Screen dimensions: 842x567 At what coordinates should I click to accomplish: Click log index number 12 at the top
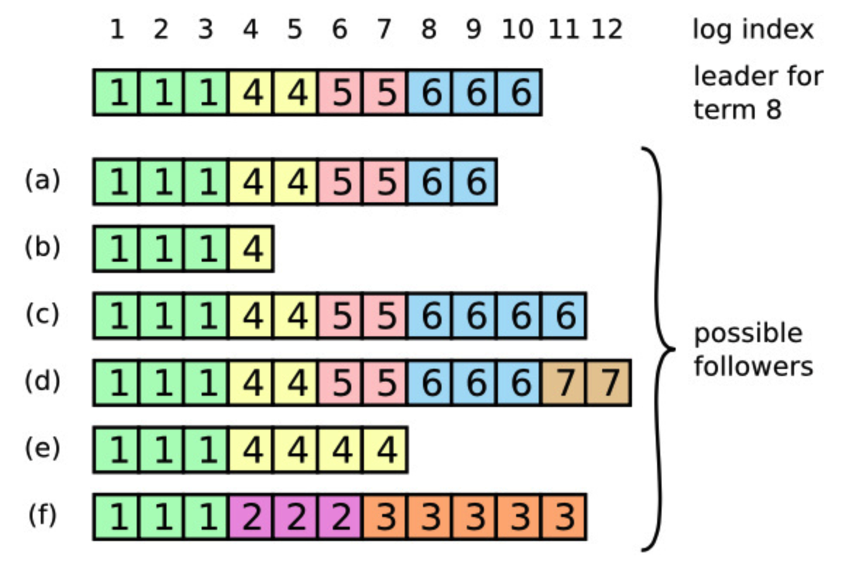[x=607, y=30]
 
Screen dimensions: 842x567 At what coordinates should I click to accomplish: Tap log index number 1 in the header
[x=117, y=30]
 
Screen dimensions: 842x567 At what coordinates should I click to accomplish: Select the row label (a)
[x=43, y=181]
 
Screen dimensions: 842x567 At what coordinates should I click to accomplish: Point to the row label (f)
[x=43, y=515]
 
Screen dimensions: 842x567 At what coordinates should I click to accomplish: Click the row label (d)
[x=43, y=382]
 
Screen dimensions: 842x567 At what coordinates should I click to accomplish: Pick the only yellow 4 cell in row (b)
[x=251, y=249]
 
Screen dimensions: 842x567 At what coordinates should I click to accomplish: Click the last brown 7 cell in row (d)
[x=609, y=383]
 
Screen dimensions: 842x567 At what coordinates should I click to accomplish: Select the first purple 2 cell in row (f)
[x=251, y=517]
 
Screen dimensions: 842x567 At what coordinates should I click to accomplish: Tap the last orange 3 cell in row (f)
[x=564, y=517]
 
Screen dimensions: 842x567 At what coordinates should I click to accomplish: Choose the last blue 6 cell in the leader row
[x=520, y=92]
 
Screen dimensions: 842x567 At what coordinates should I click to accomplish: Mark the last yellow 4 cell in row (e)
[x=385, y=450]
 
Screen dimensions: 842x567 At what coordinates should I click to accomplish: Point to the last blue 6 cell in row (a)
[x=475, y=182]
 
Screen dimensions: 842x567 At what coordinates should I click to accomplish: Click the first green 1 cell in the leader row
[x=117, y=92]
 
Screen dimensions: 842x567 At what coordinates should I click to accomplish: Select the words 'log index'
[x=752, y=30]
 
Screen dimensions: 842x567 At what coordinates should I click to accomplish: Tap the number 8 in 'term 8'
[x=773, y=109]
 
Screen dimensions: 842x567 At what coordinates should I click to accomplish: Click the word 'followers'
[x=753, y=367]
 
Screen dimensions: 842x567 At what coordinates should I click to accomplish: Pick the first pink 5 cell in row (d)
[x=341, y=383]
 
